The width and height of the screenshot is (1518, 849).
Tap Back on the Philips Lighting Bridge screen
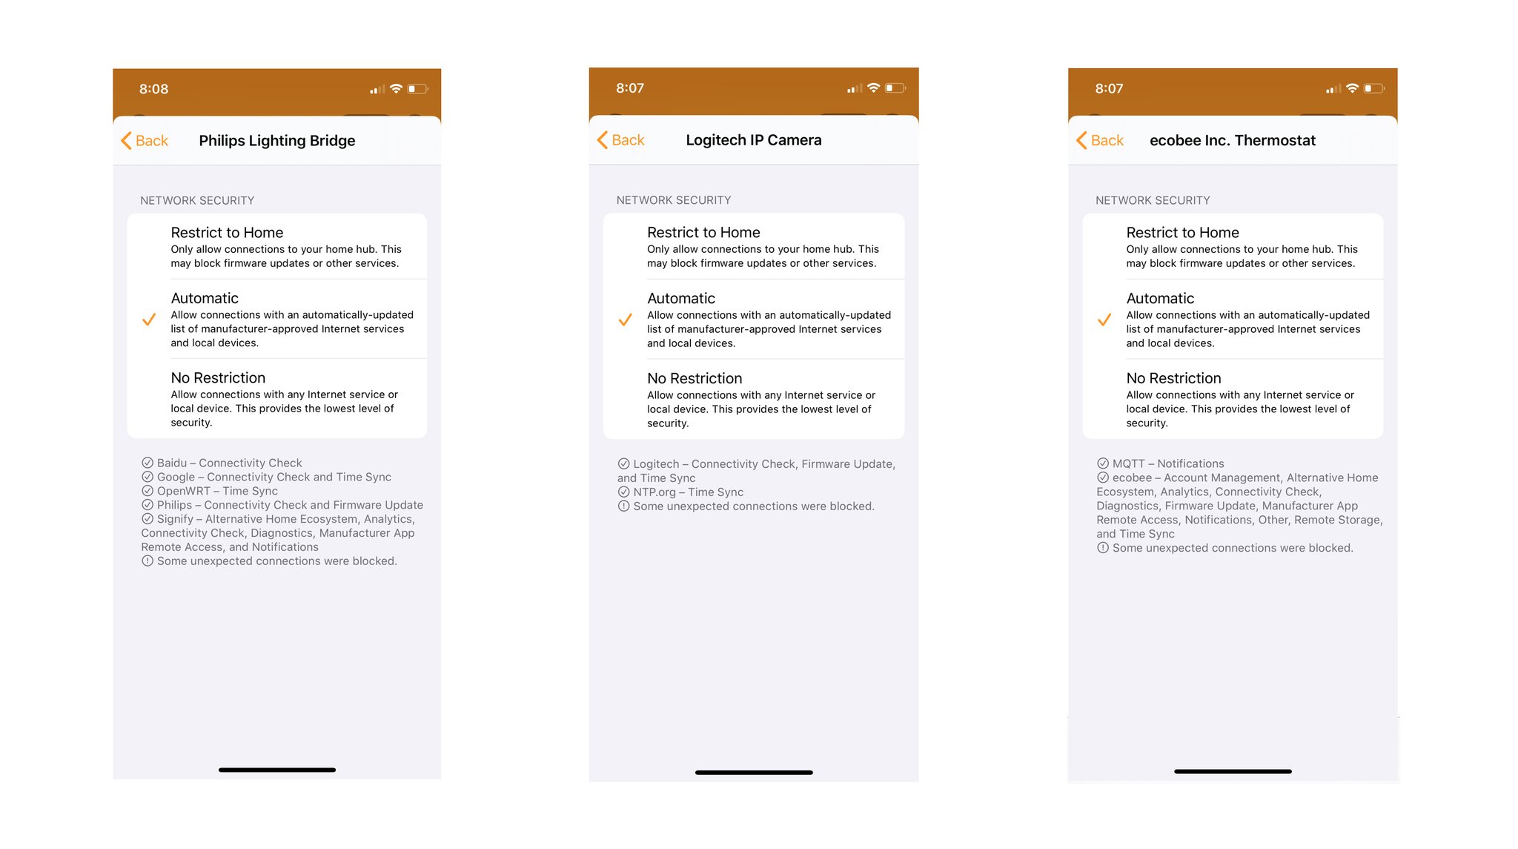tap(145, 141)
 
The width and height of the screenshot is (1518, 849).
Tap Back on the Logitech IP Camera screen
tap(621, 140)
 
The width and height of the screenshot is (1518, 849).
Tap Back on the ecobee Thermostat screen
tap(1101, 141)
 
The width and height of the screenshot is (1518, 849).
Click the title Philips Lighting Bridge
tap(277, 141)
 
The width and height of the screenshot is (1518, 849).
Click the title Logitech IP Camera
tap(753, 140)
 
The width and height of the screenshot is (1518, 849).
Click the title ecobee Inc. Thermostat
tap(1232, 141)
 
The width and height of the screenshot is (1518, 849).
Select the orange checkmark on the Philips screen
tap(149, 320)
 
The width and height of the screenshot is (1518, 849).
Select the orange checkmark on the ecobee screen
tap(1104, 320)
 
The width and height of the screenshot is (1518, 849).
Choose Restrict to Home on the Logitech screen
tap(703, 233)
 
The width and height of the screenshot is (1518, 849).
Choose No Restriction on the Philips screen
tap(218, 378)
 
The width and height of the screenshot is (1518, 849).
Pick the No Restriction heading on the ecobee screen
tap(1173, 378)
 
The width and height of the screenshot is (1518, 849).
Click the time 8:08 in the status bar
tap(153, 89)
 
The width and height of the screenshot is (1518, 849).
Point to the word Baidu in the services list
tap(172, 463)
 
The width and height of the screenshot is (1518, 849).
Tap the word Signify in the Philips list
tap(175, 519)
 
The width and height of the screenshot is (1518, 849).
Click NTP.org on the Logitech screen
tap(654, 492)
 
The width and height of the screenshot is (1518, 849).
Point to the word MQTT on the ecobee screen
tap(1128, 464)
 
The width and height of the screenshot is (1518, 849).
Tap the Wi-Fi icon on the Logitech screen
tap(874, 88)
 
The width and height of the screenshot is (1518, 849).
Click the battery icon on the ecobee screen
tap(1373, 89)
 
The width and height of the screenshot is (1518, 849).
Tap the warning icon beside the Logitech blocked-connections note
tap(623, 506)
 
